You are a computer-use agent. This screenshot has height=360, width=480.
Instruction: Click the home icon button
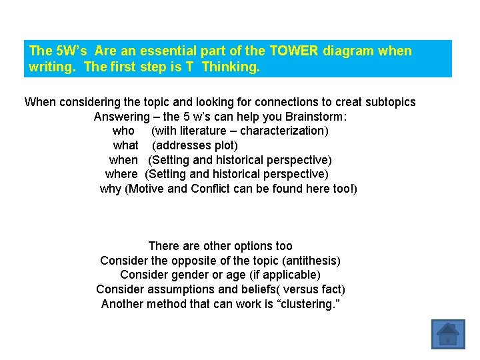447,335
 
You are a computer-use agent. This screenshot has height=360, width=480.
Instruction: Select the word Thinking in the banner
231,67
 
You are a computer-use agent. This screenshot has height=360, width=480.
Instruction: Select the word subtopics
387,102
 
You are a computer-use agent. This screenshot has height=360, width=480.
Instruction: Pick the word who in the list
123,131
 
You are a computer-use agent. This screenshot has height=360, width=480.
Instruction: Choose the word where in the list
121,174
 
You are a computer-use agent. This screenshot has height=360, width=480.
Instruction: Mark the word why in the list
111,189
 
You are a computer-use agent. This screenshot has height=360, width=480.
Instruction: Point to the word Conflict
213,189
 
